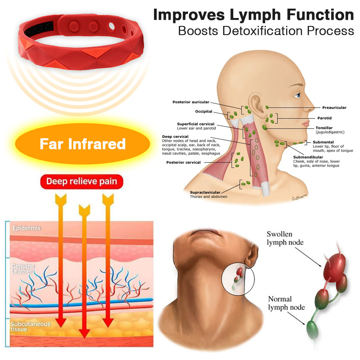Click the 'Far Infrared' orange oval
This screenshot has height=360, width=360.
click(82, 144)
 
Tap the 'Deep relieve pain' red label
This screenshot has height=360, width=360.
click(82, 181)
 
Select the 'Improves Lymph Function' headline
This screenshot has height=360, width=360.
click(253, 15)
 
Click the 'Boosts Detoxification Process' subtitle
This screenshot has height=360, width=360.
click(266, 31)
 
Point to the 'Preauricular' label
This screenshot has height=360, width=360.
click(334, 108)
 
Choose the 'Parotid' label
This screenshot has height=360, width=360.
click(324, 118)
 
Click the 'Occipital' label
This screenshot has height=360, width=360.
click(204, 112)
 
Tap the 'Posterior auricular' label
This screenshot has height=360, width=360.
click(191, 102)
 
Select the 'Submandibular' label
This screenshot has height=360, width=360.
click(308, 157)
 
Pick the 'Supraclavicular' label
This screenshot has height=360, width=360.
click(205, 192)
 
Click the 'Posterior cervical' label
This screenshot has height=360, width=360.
click(183, 162)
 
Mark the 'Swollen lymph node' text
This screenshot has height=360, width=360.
click(285, 238)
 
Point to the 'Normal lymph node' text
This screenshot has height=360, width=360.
click(286, 303)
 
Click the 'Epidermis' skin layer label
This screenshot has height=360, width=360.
click(27, 228)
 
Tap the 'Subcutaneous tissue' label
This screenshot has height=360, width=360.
click(30, 327)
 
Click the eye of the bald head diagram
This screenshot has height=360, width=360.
click(297, 95)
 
